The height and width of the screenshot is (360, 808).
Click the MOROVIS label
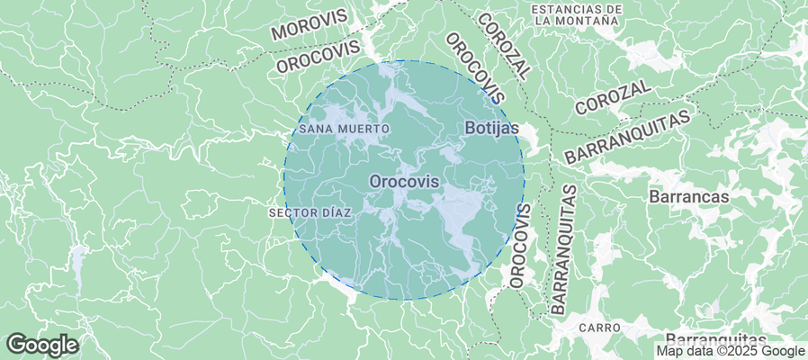click(x=309, y=25)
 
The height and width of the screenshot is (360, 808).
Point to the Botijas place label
click(x=492, y=129)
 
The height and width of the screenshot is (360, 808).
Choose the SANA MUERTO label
click(x=345, y=129)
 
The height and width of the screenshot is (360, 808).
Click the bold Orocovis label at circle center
click(x=404, y=182)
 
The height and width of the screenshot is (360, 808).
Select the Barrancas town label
click(x=688, y=194)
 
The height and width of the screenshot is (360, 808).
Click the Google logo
click(x=42, y=345)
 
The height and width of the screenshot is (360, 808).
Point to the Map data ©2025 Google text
click(x=730, y=351)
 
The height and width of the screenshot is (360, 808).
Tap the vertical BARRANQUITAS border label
click(x=563, y=248)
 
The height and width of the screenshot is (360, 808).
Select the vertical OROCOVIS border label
click(x=520, y=245)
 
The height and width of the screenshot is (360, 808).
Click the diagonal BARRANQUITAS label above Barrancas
click(x=631, y=136)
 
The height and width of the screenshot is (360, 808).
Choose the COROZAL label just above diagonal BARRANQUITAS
click(x=614, y=96)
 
